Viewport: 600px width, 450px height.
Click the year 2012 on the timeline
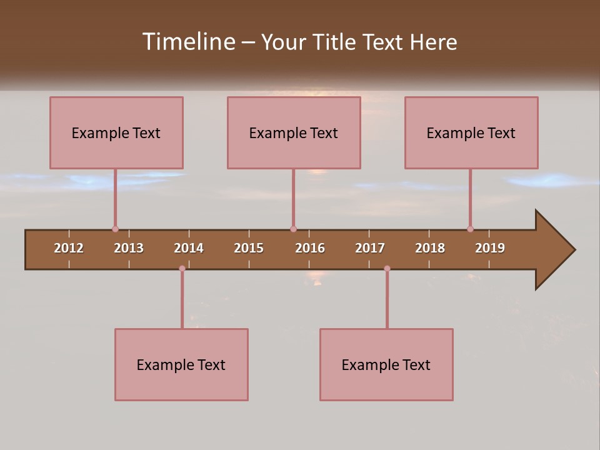pos(69,248)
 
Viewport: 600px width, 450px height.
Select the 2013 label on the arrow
pos(129,248)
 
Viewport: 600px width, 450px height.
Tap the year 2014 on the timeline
pos(189,248)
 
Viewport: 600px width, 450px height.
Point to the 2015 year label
pos(249,248)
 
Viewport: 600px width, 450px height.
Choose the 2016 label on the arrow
pos(310,248)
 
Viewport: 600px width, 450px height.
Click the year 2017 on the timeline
pos(370,248)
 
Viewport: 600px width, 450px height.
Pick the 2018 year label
pos(430,248)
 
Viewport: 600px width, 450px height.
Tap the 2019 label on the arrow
pos(490,248)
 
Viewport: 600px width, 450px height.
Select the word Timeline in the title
pos(188,42)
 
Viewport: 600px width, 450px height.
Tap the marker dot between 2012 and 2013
pos(115,229)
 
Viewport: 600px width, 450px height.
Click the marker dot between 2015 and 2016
pos(293,229)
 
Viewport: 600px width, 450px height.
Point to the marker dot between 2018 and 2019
pos(470,229)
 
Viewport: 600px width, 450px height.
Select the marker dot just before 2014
pos(182,269)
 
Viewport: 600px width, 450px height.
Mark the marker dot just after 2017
pos(387,269)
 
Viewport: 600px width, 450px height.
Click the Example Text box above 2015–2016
pos(294,132)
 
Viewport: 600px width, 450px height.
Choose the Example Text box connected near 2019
pos(471,132)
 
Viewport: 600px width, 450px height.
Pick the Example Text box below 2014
pos(181,364)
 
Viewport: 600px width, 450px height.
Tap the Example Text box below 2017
pos(386,364)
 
